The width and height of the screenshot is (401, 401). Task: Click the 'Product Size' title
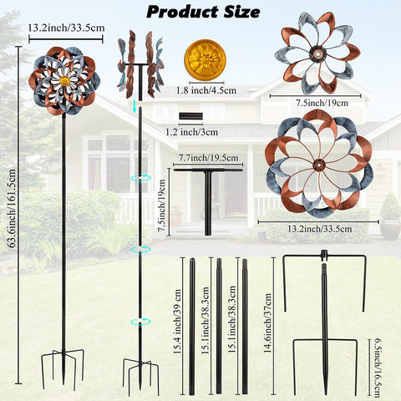[x=203, y=13]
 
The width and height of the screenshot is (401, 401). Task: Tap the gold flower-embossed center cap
[x=205, y=59]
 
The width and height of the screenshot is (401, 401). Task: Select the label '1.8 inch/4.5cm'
[x=206, y=90]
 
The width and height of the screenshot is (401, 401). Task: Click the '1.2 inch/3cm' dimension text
[x=192, y=132]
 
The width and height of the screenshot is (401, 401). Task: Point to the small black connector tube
[x=190, y=116]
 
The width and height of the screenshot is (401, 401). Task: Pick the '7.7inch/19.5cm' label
[x=209, y=158]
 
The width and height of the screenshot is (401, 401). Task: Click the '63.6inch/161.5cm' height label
[x=12, y=209]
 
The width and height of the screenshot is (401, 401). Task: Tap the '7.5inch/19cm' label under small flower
[x=322, y=103]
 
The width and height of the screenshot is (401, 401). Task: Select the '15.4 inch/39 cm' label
[x=177, y=322]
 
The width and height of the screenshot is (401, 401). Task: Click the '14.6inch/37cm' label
[x=267, y=323]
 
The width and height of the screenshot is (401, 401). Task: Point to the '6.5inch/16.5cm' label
[x=377, y=368]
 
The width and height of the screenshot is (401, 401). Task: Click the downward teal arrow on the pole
[x=135, y=107]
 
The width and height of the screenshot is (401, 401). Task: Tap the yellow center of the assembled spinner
[x=64, y=81]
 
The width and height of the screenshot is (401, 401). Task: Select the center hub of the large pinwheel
[x=318, y=165]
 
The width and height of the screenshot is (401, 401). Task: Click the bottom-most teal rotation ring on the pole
[x=140, y=322]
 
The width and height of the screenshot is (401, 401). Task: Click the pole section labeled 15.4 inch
[x=192, y=327]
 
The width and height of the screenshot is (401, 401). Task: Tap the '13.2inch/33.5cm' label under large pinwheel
[x=320, y=229]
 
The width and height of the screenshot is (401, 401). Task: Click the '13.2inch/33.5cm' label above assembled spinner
[x=66, y=28]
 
